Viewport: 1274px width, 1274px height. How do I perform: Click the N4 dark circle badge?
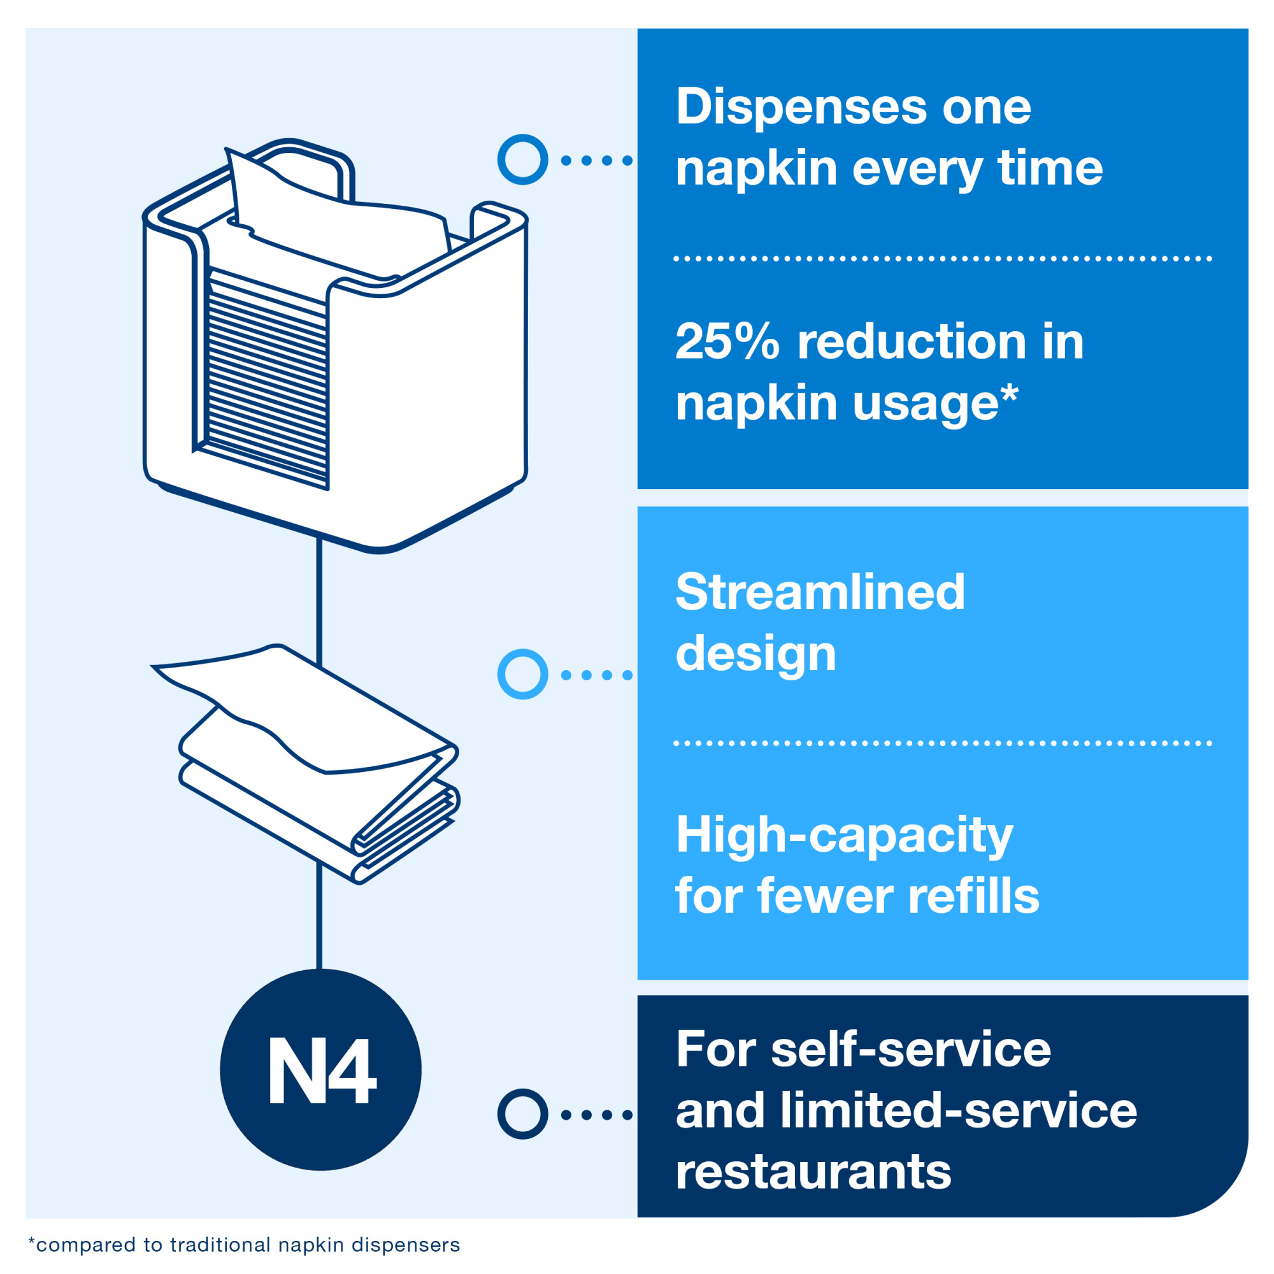point(320,1070)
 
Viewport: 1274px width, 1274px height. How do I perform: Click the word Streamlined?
point(820,592)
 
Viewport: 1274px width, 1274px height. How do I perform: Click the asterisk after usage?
point(1010,394)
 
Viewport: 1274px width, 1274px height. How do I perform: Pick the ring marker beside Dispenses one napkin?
point(522,160)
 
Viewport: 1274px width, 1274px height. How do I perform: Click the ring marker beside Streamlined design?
point(522,674)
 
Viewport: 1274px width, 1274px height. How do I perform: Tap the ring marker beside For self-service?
point(522,1114)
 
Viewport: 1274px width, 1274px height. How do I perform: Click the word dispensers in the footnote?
point(406,1245)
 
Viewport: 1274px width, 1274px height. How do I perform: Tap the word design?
point(755,655)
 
